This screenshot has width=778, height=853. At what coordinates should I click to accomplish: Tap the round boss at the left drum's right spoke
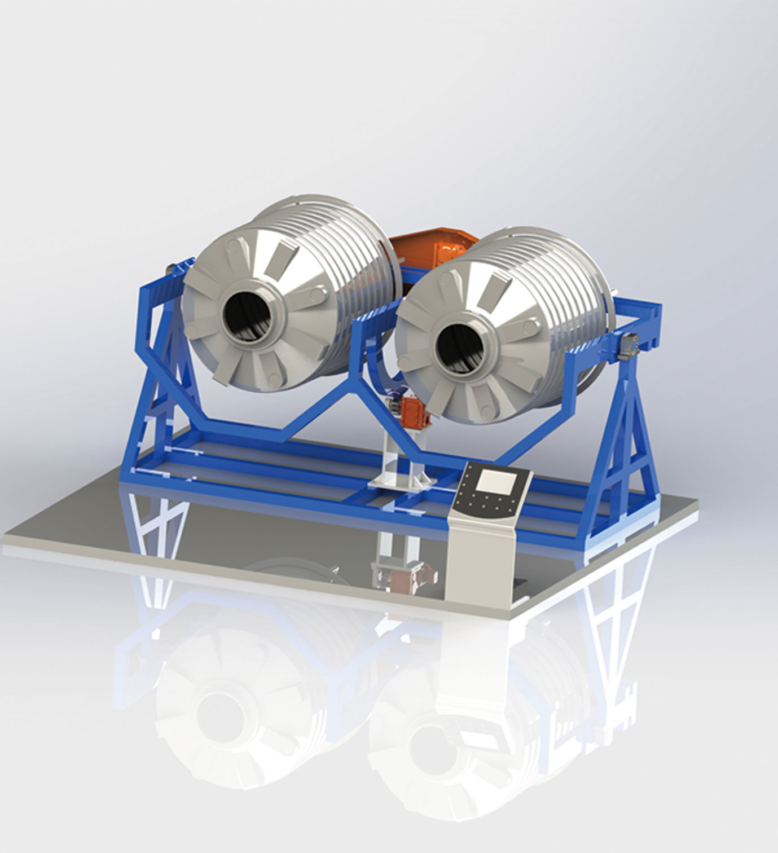(310, 293)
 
